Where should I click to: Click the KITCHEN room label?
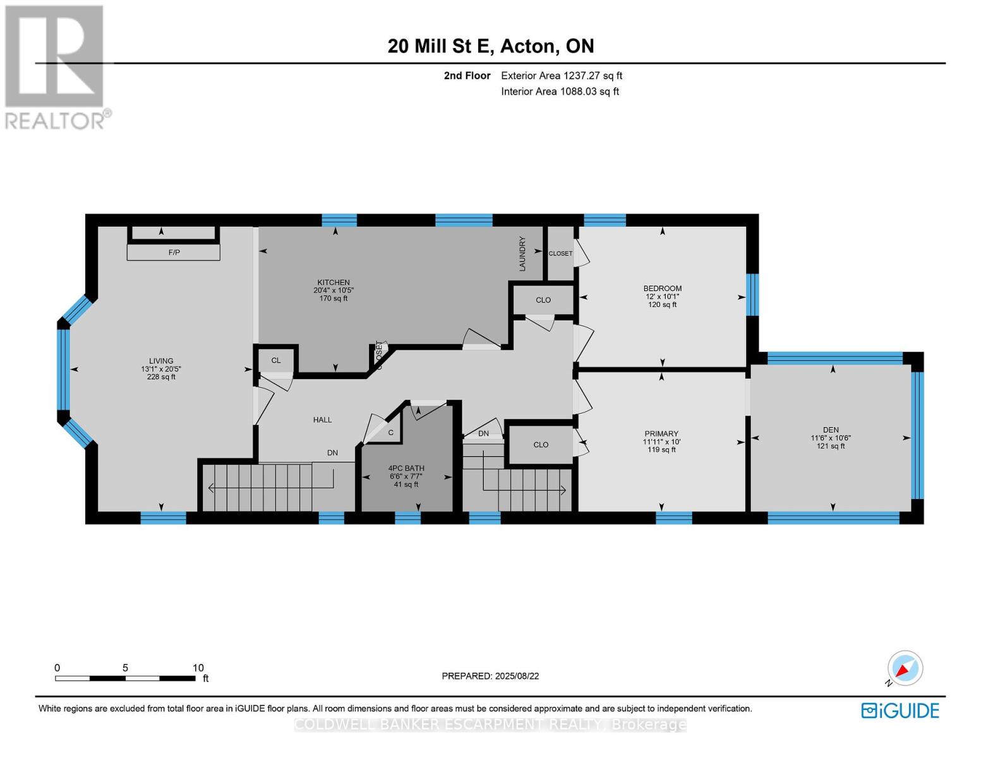[x=334, y=282]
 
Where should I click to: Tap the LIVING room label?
[x=161, y=361]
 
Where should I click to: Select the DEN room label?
[x=831, y=430]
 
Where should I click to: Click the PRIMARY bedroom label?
[x=661, y=434]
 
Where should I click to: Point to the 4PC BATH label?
[x=406, y=469]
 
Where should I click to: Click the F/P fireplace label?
[x=174, y=253]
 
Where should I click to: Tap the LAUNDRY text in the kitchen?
[x=522, y=254]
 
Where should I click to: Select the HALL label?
[x=322, y=420]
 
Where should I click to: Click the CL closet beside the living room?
[x=276, y=361]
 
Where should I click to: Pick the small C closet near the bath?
[x=391, y=433]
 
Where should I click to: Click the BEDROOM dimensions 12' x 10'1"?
[x=662, y=297]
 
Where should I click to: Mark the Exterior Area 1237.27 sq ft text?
[x=562, y=76]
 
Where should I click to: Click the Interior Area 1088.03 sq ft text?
[x=560, y=92]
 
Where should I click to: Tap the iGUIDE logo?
[x=900, y=711]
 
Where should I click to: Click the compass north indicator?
[x=905, y=668]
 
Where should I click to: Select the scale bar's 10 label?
[x=198, y=668]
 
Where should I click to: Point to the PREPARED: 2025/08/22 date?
[x=490, y=676]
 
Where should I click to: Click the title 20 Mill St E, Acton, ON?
[x=490, y=46]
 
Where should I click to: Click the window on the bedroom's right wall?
[x=752, y=294]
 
